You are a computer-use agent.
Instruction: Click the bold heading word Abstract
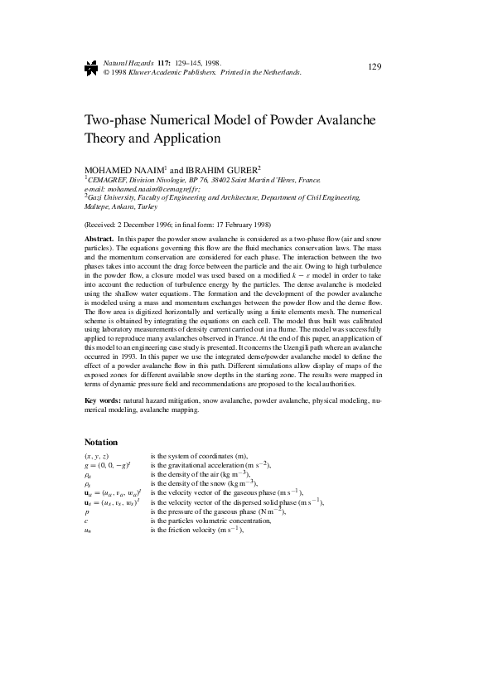[x=99, y=238]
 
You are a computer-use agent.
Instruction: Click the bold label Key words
[x=103, y=400]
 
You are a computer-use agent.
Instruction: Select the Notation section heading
[x=101, y=442]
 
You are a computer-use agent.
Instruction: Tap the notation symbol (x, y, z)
[x=97, y=457]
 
